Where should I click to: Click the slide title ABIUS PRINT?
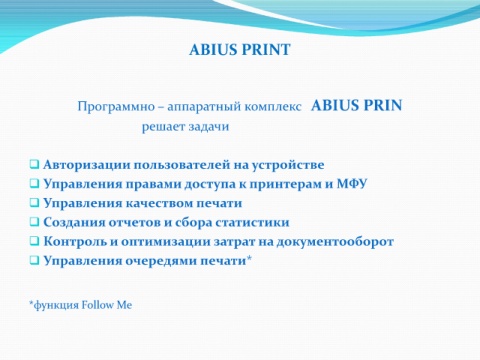click(240, 50)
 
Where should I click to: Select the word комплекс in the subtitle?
click(273, 107)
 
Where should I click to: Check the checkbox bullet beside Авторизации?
click(34, 164)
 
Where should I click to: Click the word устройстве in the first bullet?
click(288, 165)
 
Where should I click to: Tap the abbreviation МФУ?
click(352, 184)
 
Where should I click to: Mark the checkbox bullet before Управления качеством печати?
click(34, 202)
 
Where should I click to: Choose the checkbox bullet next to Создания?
click(34, 221)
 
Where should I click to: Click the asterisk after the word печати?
click(249, 258)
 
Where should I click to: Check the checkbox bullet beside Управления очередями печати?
click(34, 260)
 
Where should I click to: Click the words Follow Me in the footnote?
click(107, 305)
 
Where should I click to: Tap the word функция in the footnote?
click(56, 305)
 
